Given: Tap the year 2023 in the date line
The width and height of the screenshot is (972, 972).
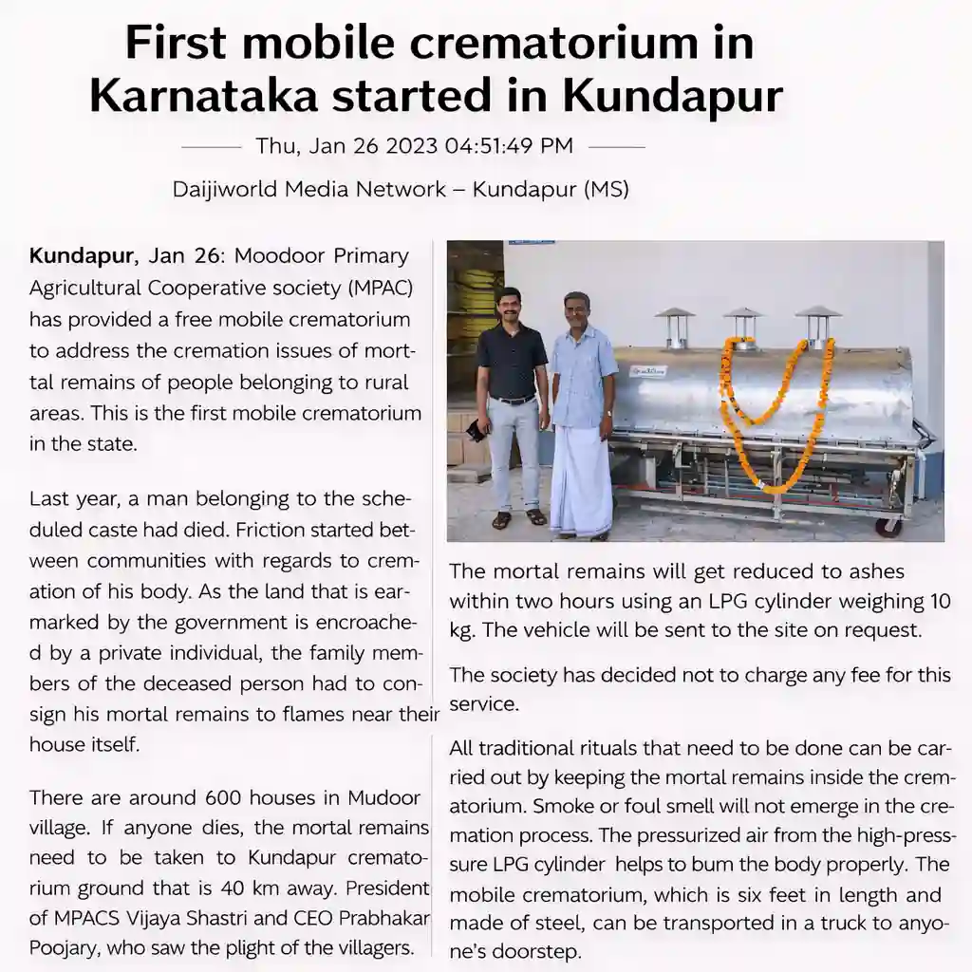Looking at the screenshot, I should point(411,146).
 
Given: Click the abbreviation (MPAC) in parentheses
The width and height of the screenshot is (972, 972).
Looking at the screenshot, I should point(380,288).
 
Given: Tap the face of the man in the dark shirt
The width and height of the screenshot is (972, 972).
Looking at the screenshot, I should point(511,307).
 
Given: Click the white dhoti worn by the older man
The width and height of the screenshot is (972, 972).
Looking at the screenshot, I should point(581,479).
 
